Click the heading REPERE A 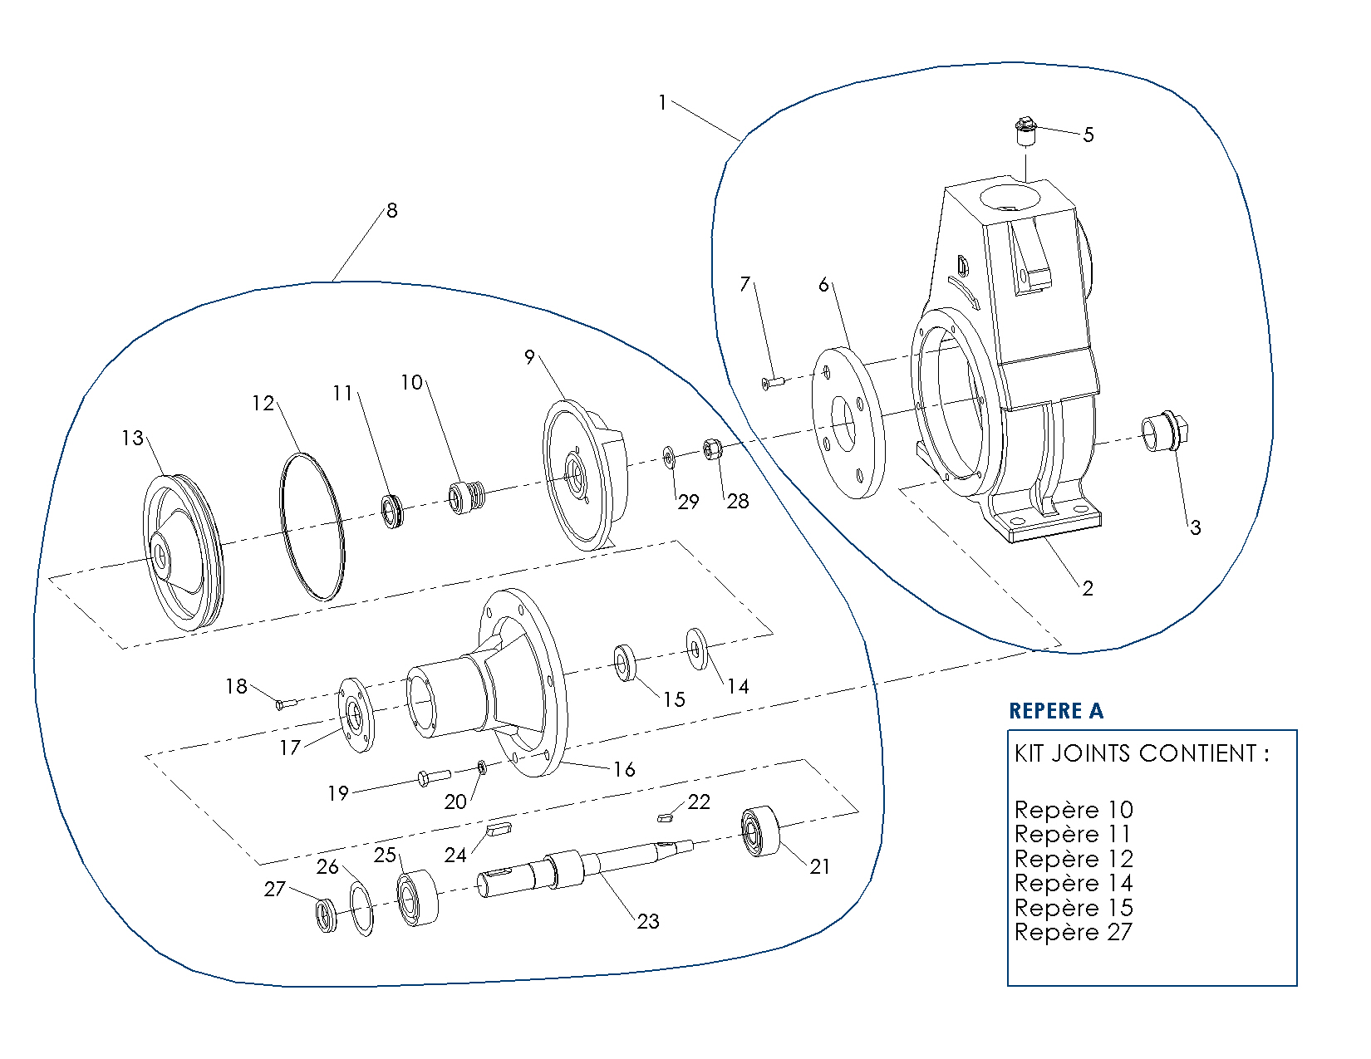pyautogui.click(x=1055, y=711)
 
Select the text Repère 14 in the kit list pyautogui.click(x=1074, y=883)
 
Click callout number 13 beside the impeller pyautogui.click(x=132, y=438)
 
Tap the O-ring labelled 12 pyautogui.click(x=312, y=527)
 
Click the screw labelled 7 pyautogui.click(x=773, y=382)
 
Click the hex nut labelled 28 pyautogui.click(x=712, y=449)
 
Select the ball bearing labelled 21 pyautogui.click(x=760, y=831)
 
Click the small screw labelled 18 pyautogui.click(x=286, y=704)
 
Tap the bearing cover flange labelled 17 pyautogui.click(x=356, y=715)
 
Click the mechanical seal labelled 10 pyautogui.click(x=465, y=497)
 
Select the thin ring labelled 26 pyautogui.click(x=361, y=909)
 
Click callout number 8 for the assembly pyautogui.click(x=392, y=210)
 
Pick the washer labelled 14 pyautogui.click(x=695, y=648)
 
